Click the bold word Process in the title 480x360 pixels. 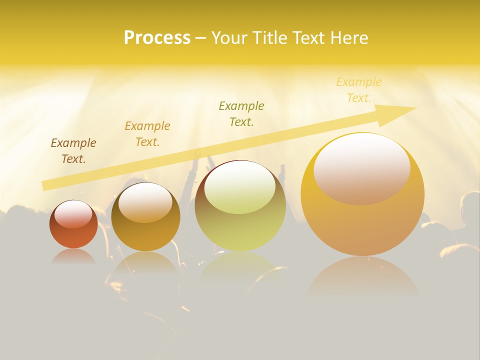(157, 38)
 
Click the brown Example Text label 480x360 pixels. (73, 151)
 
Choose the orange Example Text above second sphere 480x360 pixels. (147, 134)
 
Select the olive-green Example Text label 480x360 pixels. (241, 113)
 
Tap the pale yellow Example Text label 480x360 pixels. (359, 89)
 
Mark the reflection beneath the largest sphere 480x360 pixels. (362, 277)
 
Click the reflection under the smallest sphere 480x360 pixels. (73, 256)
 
